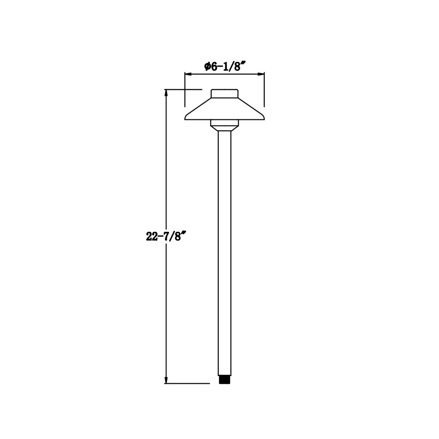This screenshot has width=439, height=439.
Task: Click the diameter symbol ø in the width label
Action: (x=207, y=66)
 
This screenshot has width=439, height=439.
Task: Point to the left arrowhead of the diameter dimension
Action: (x=187, y=74)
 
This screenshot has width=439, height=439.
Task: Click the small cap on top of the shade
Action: (x=224, y=94)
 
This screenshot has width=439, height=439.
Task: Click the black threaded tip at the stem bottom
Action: (x=224, y=379)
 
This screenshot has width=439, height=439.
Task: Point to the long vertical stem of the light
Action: (x=224, y=250)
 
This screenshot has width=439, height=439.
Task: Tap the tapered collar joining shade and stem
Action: (x=224, y=129)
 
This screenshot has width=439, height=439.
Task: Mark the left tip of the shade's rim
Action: (x=186, y=117)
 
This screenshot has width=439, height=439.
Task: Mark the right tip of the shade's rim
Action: (x=263, y=117)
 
